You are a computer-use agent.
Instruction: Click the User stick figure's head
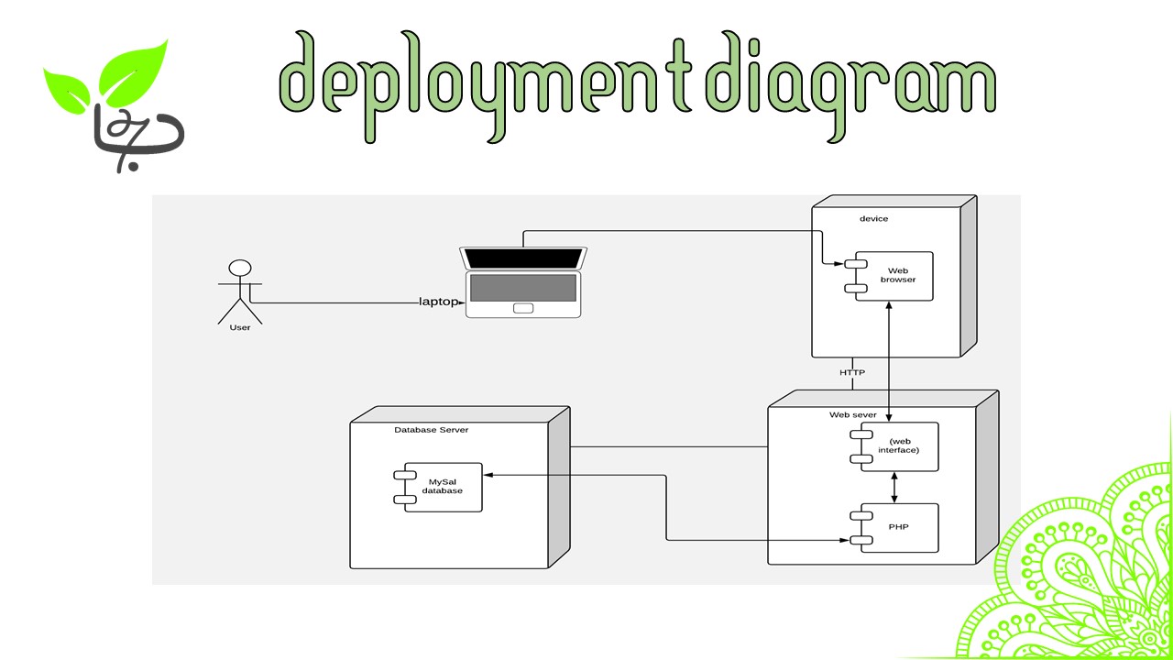pos(240,269)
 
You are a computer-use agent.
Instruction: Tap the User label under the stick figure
pos(239,328)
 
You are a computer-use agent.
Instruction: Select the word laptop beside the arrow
pos(436,302)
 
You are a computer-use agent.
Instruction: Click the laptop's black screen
pos(524,258)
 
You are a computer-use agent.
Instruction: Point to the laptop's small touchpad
pos(523,308)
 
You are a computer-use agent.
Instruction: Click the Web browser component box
pos(894,275)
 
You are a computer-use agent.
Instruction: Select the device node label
pos(873,218)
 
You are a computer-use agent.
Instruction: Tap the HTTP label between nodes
pos(852,372)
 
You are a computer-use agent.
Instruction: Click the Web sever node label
pos(853,414)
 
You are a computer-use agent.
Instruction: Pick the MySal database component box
pos(442,486)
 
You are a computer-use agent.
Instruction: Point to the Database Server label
pos(432,429)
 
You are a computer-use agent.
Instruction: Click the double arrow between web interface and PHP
pos(894,487)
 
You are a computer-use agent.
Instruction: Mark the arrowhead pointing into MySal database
pos(488,475)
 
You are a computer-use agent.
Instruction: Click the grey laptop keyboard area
pos(523,287)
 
